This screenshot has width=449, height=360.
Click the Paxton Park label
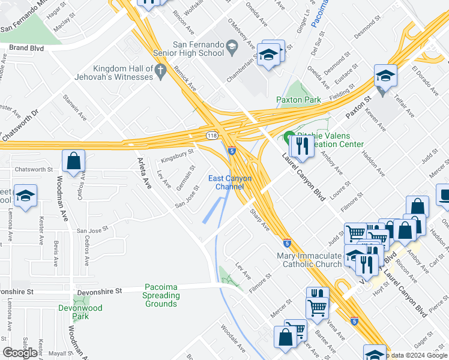298,100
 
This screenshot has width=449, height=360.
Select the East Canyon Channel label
230,182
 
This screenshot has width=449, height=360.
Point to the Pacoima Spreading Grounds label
161,296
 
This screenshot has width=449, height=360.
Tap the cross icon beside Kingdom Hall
160,72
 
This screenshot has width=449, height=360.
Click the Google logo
20,353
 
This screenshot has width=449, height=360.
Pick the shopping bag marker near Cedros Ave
73,161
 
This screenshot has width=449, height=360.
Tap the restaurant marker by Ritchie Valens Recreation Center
302,146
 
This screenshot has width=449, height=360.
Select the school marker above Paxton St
385,76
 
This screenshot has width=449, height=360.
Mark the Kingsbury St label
177,156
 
